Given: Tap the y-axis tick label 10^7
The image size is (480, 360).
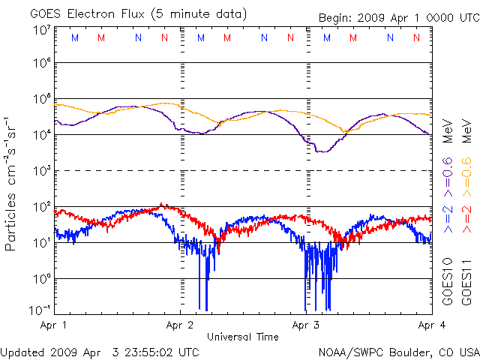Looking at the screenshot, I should tap(41, 31).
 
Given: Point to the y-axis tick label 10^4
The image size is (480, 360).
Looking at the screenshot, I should tap(41, 134).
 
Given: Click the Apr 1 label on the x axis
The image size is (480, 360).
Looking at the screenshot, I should tap(54, 325).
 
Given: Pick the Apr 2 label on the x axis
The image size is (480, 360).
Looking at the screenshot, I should tap(180, 325).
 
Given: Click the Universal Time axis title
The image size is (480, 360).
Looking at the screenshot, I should tap(243, 337).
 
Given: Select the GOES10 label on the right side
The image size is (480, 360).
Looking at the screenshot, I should tap(448, 281).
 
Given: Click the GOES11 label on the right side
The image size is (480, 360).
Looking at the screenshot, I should tap(466, 281).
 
